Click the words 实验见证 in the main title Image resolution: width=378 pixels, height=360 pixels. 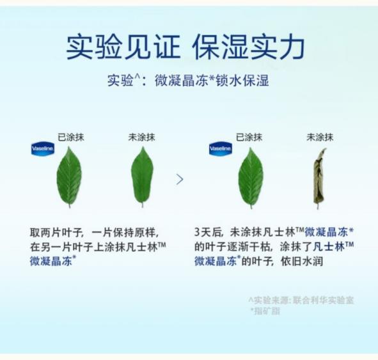[123, 47]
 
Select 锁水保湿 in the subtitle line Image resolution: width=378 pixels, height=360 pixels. [242, 80]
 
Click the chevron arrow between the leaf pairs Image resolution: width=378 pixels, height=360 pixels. [180, 179]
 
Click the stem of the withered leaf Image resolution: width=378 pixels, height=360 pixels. [318, 207]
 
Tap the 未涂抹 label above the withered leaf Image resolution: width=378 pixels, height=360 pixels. [320, 137]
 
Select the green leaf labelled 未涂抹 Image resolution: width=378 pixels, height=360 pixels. [142, 177]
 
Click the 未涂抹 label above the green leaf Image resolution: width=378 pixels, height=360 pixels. [141, 137]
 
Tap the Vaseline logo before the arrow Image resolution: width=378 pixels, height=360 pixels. [43, 148]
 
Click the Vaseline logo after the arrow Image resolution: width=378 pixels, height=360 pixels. [221, 148]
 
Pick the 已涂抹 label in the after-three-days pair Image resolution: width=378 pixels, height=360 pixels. [249, 137]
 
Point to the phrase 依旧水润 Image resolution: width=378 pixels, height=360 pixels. [302, 261]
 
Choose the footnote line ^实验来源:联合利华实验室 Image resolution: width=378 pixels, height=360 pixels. [301, 301]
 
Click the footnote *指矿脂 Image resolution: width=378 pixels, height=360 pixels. [265, 311]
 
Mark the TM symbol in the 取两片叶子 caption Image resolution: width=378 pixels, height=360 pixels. [162, 245]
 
